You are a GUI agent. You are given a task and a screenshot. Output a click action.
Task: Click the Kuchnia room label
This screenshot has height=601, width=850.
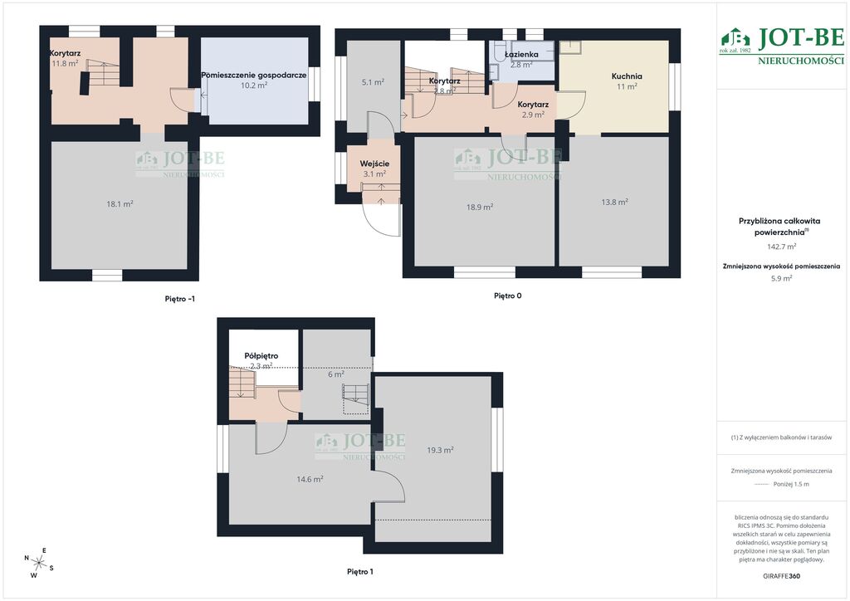point(627,76)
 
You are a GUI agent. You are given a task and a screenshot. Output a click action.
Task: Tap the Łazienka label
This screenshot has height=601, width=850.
point(521,54)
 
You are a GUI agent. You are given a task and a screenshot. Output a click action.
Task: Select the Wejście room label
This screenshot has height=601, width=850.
point(374,164)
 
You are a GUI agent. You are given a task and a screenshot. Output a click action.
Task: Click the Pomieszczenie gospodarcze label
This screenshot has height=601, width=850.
point(254,76)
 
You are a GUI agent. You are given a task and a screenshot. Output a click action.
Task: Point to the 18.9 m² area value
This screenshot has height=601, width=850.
point(480,207)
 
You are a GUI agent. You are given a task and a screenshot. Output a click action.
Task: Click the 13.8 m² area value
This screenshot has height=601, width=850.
point(614,202)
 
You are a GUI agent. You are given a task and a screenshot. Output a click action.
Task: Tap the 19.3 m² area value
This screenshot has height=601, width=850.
point(440,450)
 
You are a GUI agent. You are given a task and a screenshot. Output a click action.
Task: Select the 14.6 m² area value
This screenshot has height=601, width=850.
point(310,479)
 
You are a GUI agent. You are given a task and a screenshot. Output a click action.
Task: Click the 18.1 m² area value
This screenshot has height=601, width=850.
point(120,204)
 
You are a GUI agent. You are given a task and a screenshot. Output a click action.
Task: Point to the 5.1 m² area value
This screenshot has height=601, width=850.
point(373,82)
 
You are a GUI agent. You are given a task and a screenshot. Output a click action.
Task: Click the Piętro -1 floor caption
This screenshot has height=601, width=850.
point(180,299)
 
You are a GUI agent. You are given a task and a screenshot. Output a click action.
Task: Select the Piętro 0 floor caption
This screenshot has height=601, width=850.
point(508,296)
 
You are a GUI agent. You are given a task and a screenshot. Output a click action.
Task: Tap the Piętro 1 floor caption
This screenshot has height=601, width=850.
point(360,572)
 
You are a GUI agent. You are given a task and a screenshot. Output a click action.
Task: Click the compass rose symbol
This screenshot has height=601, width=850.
point(38,563)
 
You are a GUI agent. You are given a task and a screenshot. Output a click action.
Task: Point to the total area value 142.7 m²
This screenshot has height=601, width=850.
point(781,247)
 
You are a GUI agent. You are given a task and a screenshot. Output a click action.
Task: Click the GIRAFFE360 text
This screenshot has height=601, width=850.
point(781,576)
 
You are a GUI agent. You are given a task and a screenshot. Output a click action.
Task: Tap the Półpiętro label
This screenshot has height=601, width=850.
point(261,356)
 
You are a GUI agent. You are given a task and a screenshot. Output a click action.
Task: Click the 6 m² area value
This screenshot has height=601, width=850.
point(336,374)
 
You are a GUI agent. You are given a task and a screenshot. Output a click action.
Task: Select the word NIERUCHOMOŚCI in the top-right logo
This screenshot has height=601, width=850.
point(801,61)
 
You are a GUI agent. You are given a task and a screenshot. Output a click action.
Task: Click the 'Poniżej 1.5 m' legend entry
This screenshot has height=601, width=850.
point(791,485)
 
